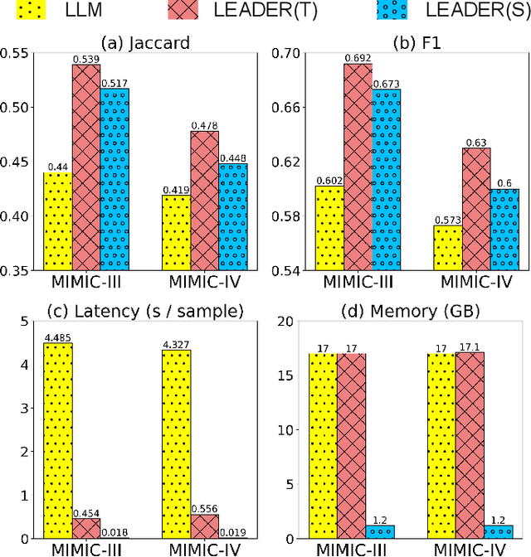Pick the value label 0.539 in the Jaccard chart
[85, 59]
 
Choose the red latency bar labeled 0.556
[205, 526]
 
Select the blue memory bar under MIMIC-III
[380, 531]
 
